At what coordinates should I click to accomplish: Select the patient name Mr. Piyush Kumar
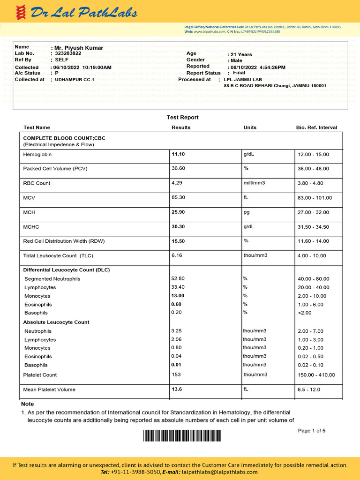click(79, 48)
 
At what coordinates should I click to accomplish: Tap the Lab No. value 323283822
click(68, 53)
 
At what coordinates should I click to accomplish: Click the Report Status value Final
click(239, 73)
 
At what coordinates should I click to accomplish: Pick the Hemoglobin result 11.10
click(178, 154)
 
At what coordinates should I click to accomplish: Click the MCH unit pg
click(246, 212)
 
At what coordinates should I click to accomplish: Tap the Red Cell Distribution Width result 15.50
click(178, 241)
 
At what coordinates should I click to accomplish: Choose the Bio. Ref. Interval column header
click(316, 127)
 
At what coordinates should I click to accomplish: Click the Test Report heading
click(182, 117)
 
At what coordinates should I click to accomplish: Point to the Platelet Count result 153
click(176, 375)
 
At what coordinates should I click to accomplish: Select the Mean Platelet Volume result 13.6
click(177, 389)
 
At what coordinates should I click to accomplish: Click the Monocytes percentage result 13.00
click(178, 296)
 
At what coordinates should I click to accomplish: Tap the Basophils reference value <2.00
click(305, 313)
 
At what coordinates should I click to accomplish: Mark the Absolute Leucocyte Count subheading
click(56, 322)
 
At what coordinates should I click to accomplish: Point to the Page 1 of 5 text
click(311, 431)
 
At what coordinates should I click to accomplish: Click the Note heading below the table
click(27, 404)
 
